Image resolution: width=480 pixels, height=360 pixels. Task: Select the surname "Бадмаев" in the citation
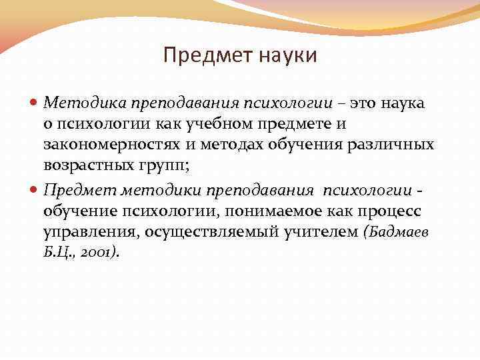[399, 233]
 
